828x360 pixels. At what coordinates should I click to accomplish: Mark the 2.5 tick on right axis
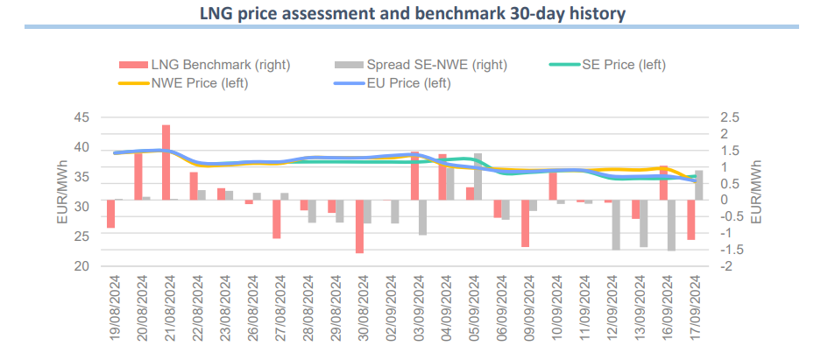(x=729, y=117)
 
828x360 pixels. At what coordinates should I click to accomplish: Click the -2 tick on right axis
(x=725, y=265)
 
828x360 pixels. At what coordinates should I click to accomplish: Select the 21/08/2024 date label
(x=166, y=307)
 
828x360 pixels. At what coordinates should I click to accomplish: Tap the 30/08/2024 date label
(x=360, y=307)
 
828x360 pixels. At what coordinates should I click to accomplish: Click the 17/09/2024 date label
(x=691, y=307)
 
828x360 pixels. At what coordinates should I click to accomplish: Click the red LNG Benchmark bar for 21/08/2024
(x=166, y=162)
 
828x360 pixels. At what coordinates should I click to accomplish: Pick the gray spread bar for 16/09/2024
(x=672, y=225)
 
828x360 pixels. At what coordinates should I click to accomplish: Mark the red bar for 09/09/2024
(x=525, y=223)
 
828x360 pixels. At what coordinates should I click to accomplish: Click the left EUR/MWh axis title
(x=62, y=192)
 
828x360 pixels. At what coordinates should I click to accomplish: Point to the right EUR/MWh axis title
(x=756, y=192)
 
